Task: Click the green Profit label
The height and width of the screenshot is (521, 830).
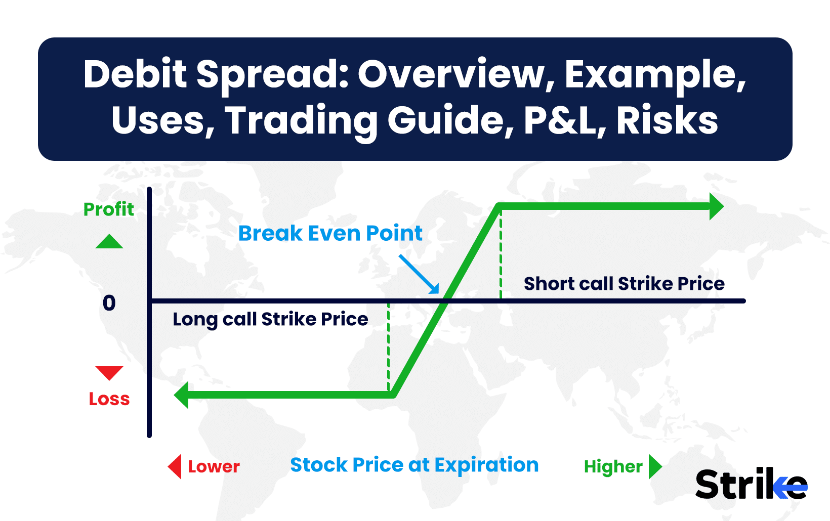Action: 108,209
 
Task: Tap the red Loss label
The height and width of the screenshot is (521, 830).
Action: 109,399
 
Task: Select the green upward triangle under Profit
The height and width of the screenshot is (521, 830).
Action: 109,241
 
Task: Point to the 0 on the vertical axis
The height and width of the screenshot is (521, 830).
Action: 109,302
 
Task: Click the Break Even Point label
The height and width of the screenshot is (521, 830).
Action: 330,233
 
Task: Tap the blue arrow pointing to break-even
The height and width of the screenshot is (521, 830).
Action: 419,274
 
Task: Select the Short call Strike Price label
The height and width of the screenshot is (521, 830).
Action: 624,284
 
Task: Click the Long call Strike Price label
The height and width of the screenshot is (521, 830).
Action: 270,320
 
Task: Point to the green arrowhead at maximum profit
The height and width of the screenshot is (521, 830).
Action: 716,206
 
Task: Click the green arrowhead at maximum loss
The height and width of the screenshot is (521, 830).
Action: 181,395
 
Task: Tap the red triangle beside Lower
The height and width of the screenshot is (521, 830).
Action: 175,466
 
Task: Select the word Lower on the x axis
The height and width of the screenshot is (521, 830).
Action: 214,466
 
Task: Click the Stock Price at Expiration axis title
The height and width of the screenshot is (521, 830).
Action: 414,465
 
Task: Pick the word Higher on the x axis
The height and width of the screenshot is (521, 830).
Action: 613,466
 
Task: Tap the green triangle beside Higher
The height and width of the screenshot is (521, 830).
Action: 655,466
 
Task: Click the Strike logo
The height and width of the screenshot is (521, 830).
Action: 752,483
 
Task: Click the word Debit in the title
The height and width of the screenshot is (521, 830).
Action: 135,74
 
